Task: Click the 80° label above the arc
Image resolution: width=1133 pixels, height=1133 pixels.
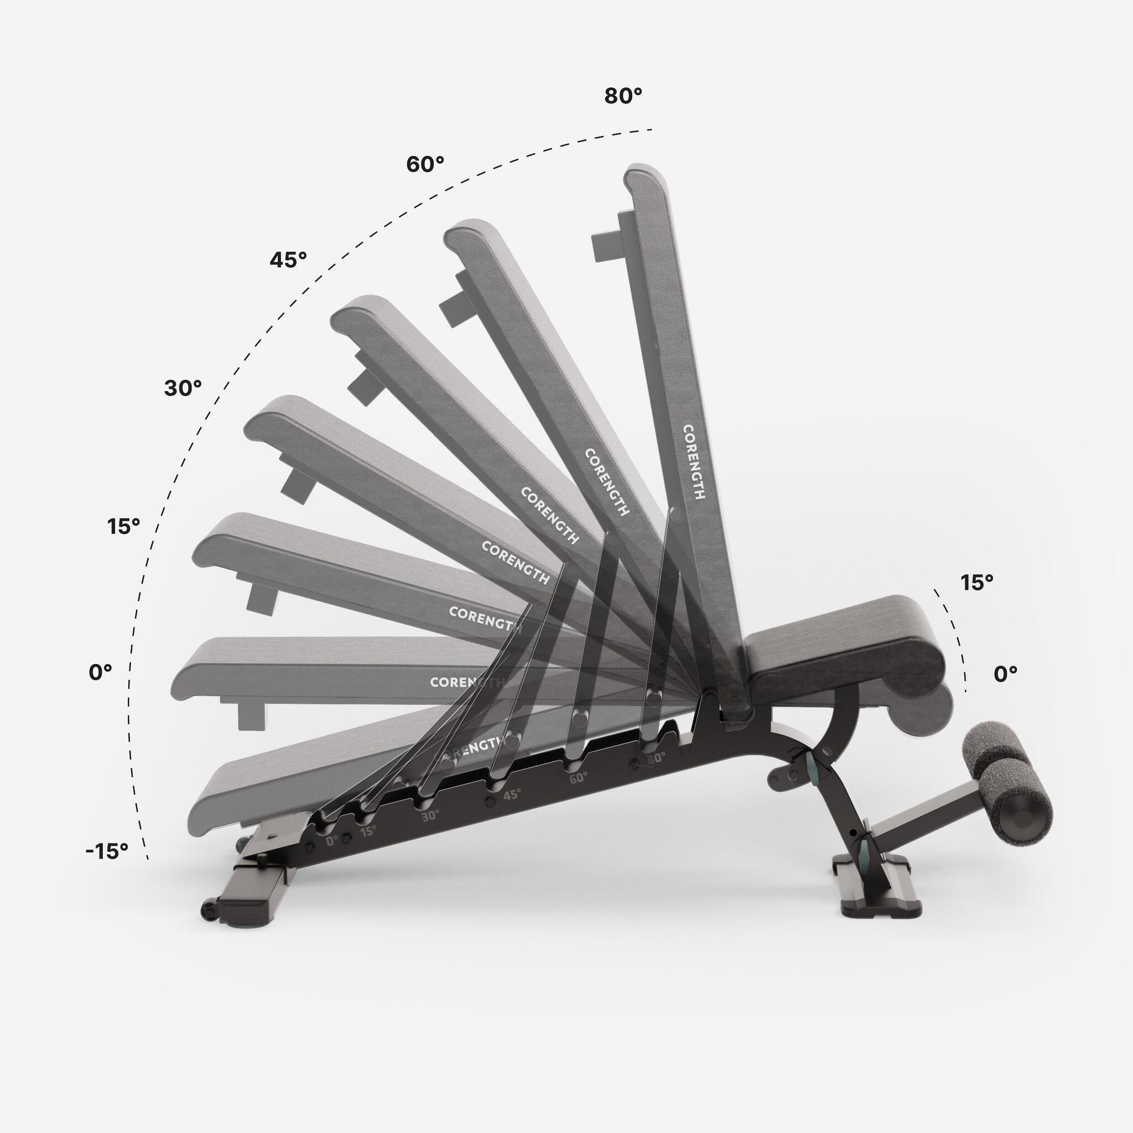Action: coord(623,96)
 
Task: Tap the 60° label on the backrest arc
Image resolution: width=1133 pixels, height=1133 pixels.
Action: coord(425,165)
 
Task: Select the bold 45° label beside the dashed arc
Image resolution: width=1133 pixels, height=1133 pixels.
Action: coord(288,259)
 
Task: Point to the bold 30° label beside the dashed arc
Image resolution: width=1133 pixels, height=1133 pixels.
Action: coord(183,388)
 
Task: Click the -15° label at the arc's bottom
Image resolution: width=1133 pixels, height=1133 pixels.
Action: coord(107,851)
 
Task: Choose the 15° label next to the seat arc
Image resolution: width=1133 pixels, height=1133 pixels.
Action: coord(993,583)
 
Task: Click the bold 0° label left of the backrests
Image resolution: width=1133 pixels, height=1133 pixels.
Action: coord(100,673)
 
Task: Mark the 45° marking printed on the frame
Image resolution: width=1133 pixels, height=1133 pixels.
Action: coord(511,795)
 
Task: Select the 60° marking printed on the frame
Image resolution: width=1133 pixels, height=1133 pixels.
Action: coord(578,778)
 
